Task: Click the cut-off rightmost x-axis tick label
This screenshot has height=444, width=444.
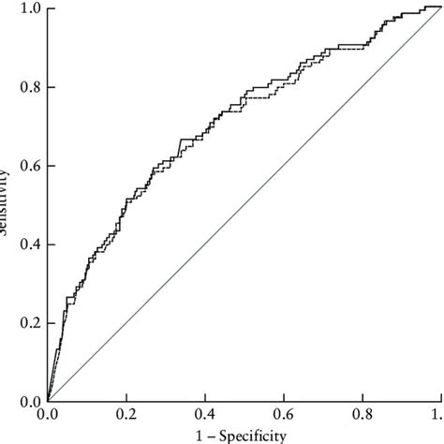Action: (437, 413)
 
